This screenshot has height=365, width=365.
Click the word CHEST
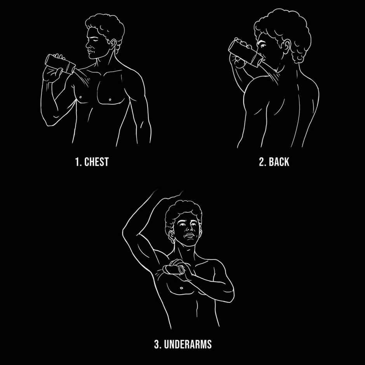pyautogui.click(x=96, y=162)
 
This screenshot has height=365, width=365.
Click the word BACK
pyautogui.click(x=279, y=162)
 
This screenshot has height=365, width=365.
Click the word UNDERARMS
pyautogui.click(x=188, y=344)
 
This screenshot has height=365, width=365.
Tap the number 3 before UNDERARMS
pyautogui.click(x=158, y=344)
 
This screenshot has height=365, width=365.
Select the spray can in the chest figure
pyautogui.click(x=60, y=64)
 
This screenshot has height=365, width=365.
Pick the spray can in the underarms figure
pyautogui.click(x=174, y=269)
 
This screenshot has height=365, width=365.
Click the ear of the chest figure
pyautogui.click(x=113, y=44)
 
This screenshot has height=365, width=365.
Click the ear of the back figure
pyautogui.click(x=286, y=47)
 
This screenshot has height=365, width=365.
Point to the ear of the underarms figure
pyautogui.click(x=171, y=236)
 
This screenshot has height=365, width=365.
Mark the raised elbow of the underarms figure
pyautogui.click(x=125, y=233)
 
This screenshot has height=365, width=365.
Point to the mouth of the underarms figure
pyautogui.click(x=190, y=235)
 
